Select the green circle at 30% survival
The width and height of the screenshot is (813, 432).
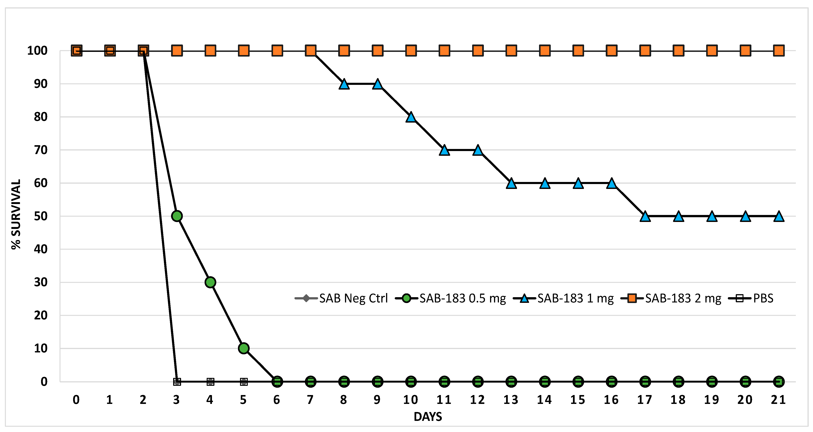(210, 282)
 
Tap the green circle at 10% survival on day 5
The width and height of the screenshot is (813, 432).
(244, 348)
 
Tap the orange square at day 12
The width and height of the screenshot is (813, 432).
(478, 51)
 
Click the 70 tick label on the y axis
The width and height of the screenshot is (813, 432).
(41, 150)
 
